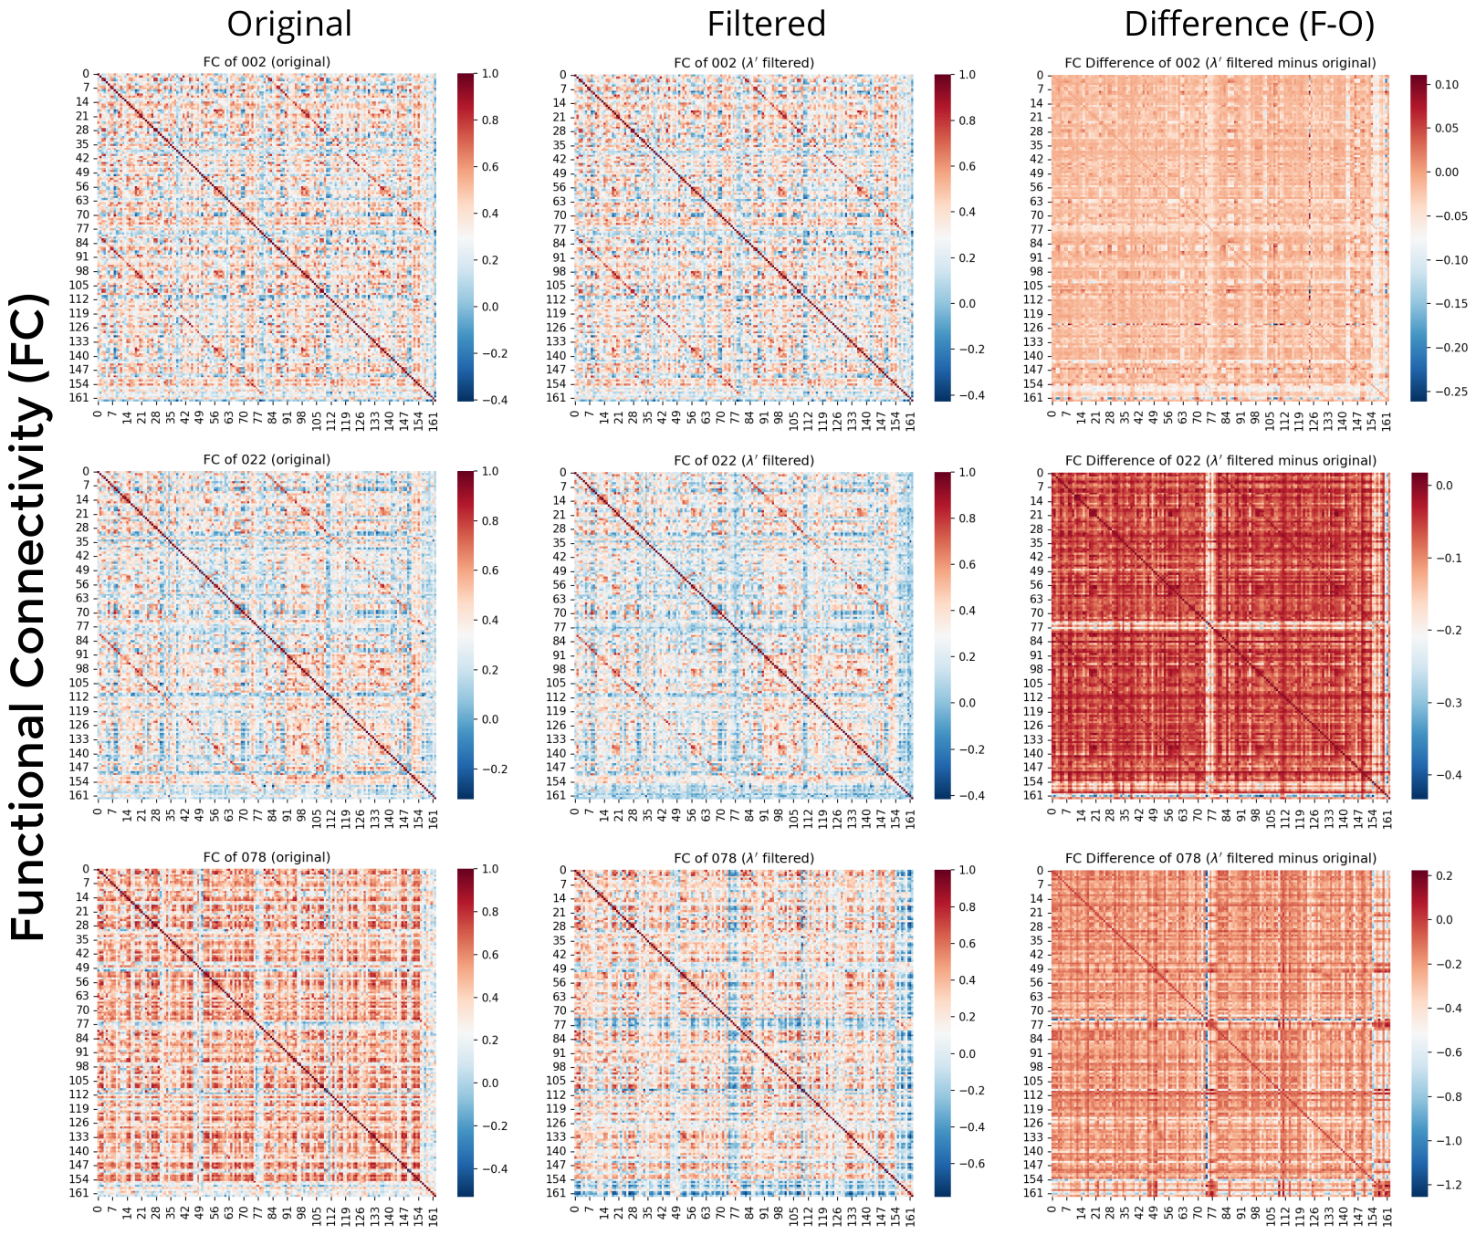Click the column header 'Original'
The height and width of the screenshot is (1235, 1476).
(x=288, y=24)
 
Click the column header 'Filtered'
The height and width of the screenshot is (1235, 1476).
(x=767, y=24)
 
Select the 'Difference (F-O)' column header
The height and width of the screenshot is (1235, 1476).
(x=1249, y=24)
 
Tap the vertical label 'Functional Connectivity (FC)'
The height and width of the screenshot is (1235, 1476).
(x=29, y=617)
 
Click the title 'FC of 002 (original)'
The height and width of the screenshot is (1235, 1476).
(x=267, y=62)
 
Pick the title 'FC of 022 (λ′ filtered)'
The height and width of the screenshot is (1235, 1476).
(x=744, y=460)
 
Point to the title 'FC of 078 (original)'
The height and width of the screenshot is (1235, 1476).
(x=267, y=857)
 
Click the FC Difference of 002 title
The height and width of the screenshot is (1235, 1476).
(x=1220, y=62)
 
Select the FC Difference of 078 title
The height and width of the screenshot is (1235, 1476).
(x=1220, y=857)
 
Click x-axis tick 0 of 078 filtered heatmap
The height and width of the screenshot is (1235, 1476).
(x=575, y=1209)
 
